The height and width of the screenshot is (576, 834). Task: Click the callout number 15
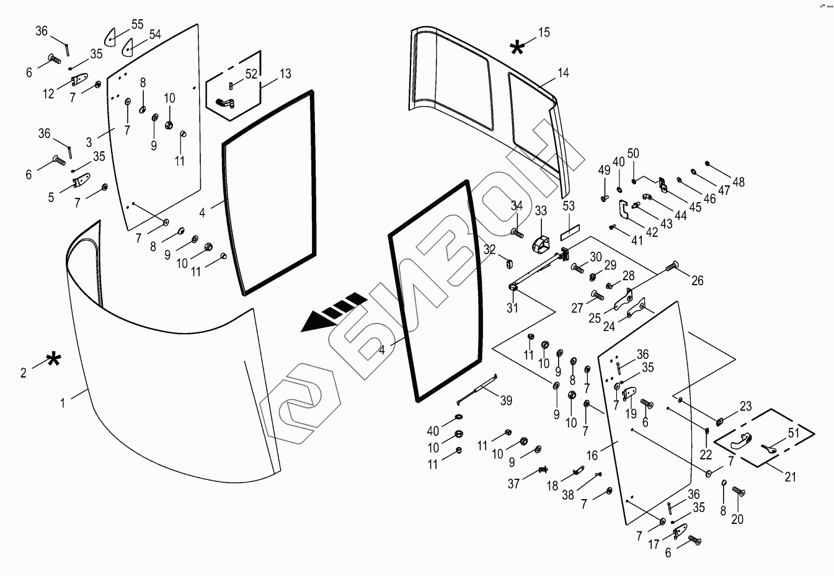pos(544,32)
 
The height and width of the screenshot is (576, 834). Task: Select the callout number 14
pos(563,73)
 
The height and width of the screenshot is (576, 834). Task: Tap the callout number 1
pos(63,403)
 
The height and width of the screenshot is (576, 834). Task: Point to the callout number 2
pos(24,373)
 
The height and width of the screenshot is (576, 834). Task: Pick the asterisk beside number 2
pos(54,359)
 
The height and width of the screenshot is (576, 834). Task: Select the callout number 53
pos(569,206)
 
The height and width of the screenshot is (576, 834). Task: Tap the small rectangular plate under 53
pos(569,236)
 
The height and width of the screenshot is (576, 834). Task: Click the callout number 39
pos(507,401)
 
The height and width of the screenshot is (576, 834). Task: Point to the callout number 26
pos(698,281)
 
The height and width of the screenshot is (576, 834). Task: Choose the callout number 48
pos(739,182)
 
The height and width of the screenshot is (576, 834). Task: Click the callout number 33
pos(541,211)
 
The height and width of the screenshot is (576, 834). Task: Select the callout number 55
pos(137,24)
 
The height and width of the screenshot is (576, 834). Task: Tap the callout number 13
pos(285,74)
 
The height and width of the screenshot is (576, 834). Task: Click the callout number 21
pos(790,477)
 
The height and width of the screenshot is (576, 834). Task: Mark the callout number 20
pos(737,520)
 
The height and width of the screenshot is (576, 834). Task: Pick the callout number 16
pos(592,456)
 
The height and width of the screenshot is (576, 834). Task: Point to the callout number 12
pos(48,94)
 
